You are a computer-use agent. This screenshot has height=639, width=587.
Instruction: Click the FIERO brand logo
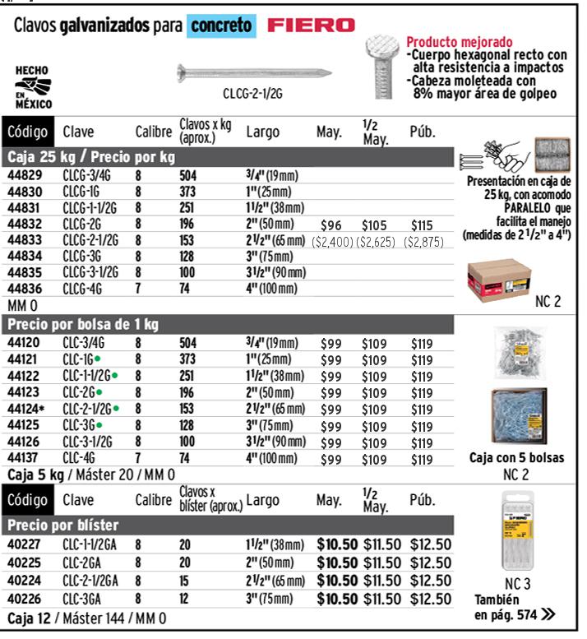pos(312,25)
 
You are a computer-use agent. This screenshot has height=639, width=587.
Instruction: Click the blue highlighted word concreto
pos(221,25)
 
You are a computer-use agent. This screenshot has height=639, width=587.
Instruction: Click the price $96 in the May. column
pos(331,225)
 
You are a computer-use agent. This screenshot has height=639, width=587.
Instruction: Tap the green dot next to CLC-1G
pos(98,359)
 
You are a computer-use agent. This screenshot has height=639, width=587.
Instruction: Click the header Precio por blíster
pos(62,525)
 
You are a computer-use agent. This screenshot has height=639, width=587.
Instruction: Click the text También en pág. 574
pos(514,607)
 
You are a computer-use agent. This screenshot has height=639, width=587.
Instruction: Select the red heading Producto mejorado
pos(460,42)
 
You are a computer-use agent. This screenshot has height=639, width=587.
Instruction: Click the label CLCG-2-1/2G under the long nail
pos(252,95)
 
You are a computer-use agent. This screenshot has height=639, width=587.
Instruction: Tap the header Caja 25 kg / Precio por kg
pos(90,156)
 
